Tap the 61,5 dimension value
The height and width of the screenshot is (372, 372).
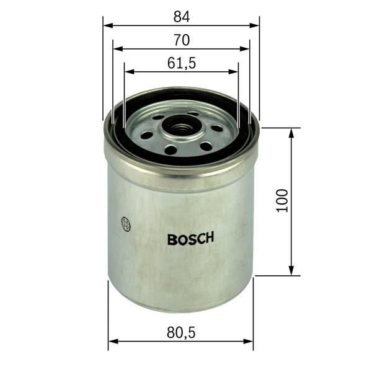click(x=181, y=62)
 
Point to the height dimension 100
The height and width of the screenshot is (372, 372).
click(x=283, y=201)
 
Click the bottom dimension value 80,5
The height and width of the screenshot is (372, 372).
click(x=181, y=333)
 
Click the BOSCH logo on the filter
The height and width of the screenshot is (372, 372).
click(x=191, y=238)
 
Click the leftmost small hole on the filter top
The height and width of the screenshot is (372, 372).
click(x=147, y=135)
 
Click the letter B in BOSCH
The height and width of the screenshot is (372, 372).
click(x=171, y=238)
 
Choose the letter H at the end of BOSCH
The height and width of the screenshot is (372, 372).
click(x=210, y=238)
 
